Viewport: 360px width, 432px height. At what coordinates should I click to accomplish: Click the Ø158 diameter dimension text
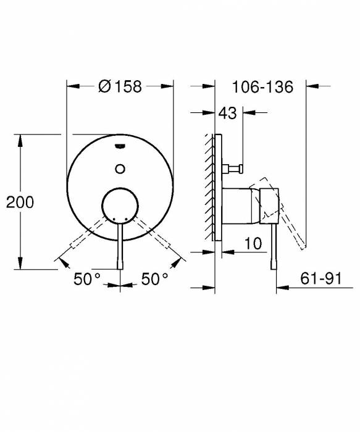(120, 87)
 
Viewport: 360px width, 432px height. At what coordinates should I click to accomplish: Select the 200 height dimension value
(19, 202)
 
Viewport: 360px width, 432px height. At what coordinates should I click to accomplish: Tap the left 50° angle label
(87, 280)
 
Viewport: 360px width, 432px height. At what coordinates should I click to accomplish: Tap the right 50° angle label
(155, 280)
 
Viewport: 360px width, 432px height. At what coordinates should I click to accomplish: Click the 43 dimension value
(227, 114)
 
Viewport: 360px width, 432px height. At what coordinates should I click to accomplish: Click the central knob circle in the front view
(120, 205)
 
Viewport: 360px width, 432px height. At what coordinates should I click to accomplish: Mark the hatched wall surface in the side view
(209, 185)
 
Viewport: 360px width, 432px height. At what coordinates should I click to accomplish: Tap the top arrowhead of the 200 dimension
(22, 140)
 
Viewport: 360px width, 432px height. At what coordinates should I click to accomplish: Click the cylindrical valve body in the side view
(238, 204)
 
